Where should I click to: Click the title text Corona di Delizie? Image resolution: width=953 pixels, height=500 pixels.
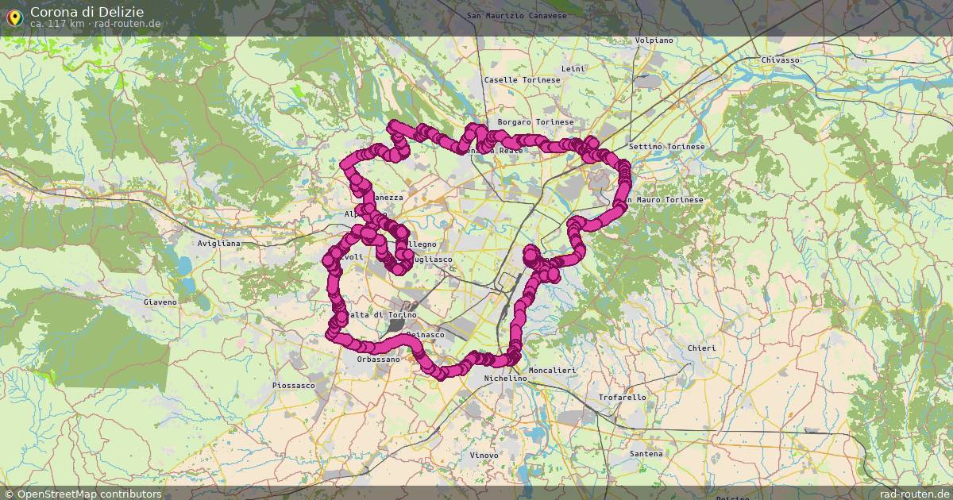pyautogui.click(x=87, y=12)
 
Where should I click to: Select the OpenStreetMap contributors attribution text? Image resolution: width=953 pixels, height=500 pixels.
pyautogui.click(x=83, y=494)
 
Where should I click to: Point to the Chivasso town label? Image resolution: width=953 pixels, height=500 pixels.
pyautogui.click(x=780, y=60)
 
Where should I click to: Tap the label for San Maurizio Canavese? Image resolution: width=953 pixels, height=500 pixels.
pyautogui.click(x=516, y=15)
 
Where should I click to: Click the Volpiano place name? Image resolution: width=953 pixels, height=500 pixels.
pyautogui.click(x=654, y=40)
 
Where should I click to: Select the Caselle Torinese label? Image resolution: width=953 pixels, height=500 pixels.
pyautogui.click(x=523, y=80)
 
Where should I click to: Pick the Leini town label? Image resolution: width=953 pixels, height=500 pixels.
pyautogui.click(x=573, y=69)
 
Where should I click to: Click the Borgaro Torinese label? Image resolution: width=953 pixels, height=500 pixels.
pyautogui.click(x=535, y=122)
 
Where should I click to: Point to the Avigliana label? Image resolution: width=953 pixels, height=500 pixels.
pyautogui.click(x=219, y=243)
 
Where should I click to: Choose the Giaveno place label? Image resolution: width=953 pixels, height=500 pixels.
pyautogui.click(x=160, y=302)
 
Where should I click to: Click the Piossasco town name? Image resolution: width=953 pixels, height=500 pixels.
pyautogui.click(x=293, y=386)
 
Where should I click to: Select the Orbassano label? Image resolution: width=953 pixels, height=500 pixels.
pyautogui.click(x=378, y=360)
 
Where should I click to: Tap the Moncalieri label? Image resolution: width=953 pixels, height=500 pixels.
pyautogui.click(x=552, y=371)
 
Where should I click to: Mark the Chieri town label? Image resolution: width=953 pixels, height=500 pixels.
pyautogui.click(x=701, y=348)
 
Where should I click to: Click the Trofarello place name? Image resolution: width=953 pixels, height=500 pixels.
pyautogui.click(x=622, y=397)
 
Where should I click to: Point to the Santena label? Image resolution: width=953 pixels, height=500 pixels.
pyautogui.click(x=645, y=454)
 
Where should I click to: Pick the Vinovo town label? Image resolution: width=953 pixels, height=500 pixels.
pyautogui.click(x=484, y=455)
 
